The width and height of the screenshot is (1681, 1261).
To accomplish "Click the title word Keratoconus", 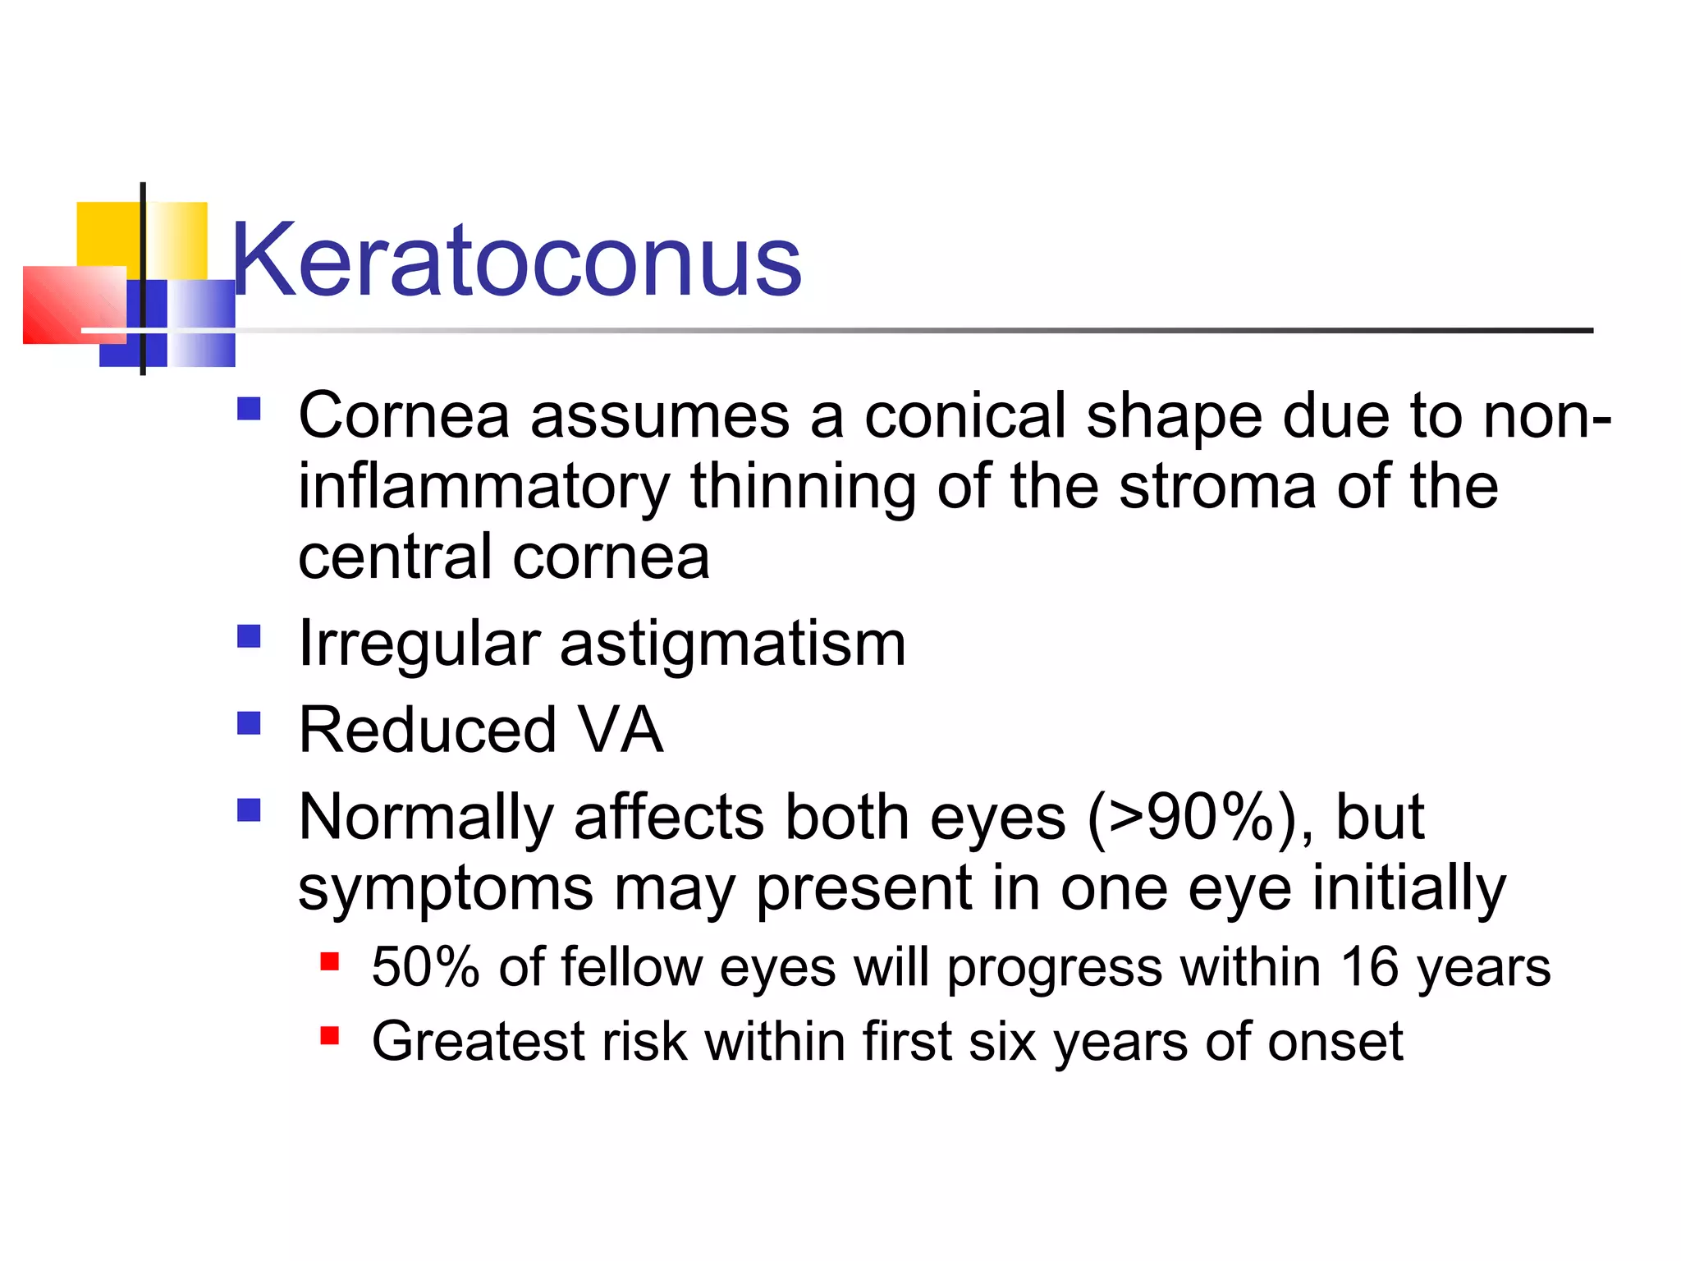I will pos(515,261).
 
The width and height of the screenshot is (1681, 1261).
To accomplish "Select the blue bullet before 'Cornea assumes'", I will pos(249,409).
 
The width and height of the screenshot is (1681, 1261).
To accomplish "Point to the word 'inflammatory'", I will pos(483,488).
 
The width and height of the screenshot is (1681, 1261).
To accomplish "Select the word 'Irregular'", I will pos(419,645).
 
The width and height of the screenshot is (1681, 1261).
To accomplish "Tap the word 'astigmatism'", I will pos(732,645).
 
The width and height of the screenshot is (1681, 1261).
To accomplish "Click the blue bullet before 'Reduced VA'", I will pos(249,723).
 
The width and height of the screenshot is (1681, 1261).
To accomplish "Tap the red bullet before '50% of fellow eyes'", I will pos(330,961).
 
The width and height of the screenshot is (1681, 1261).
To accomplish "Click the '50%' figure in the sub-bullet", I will pos(424,967).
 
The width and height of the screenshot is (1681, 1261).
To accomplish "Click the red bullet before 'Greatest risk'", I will pos(330,1035).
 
